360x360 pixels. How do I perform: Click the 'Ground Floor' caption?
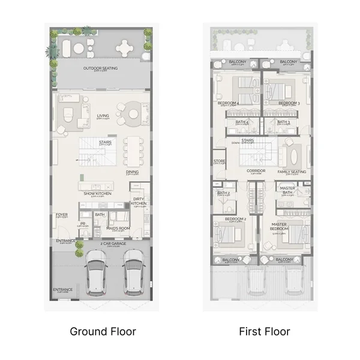(x=103, y=331)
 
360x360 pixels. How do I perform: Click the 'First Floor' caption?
(x=265, y=331)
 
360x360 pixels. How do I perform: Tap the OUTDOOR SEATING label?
(x=100, y=68)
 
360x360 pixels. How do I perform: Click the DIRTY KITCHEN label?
(x=138, y=201)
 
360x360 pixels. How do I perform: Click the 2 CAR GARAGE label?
(x=113, y=244)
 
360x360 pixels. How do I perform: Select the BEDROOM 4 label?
(x=229, y=103)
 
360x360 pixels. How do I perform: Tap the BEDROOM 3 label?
(x=289, y=103)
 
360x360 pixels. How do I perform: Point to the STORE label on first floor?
(x=220, y=160)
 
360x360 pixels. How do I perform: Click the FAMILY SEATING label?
(x=292, y=172)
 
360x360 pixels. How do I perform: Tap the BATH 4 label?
(x=242, y=122)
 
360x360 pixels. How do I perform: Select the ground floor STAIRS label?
(x=105, y=142)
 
